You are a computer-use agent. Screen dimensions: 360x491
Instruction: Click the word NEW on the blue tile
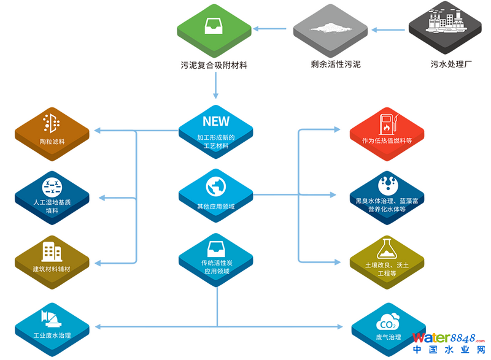pos(215,121)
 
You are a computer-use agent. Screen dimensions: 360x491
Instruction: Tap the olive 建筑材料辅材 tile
pos(52,258)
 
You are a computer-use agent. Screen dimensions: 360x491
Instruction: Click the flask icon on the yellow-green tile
pos(387,246)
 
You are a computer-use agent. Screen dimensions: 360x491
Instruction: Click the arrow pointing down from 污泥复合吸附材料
pos(215,89)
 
